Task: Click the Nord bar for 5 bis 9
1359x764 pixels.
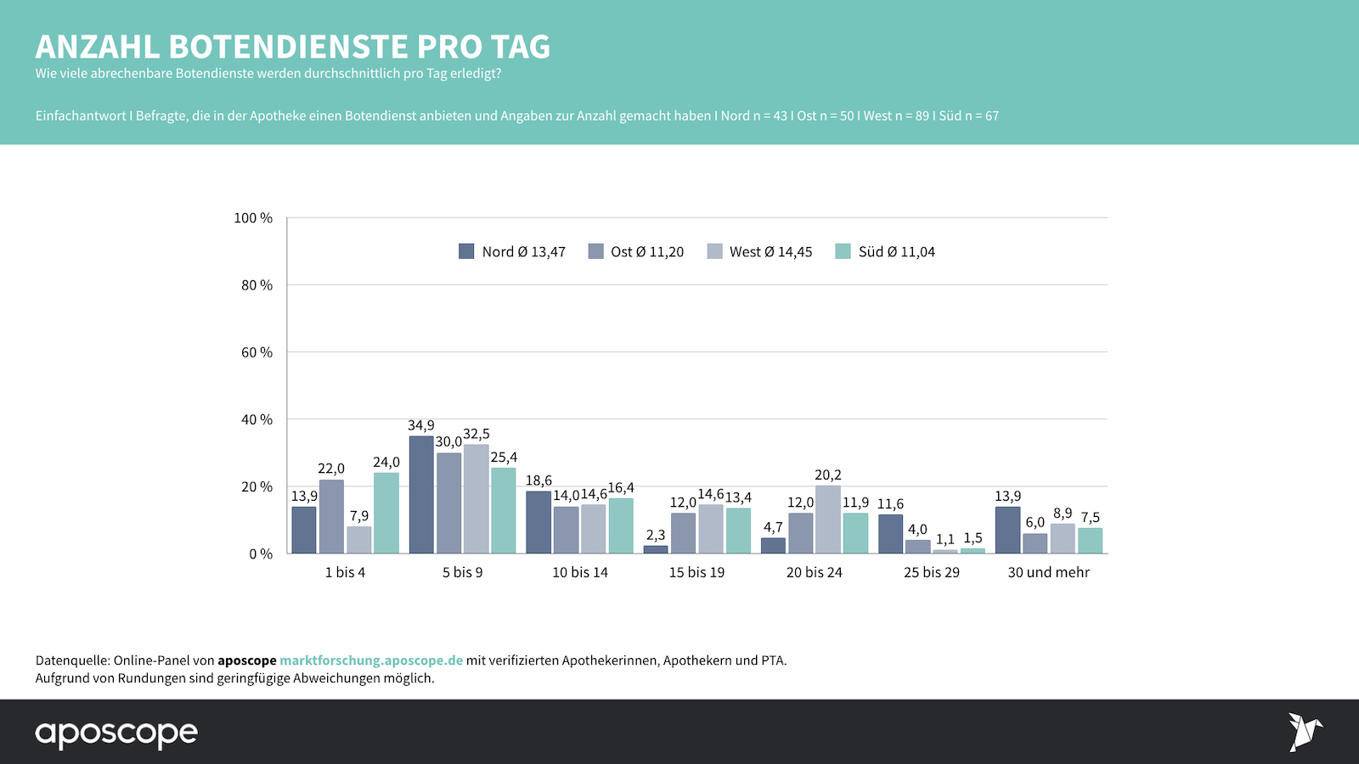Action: coord(421,495)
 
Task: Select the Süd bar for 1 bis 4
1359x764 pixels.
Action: coord(386,514)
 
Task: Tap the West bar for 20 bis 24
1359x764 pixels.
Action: coord(828,520)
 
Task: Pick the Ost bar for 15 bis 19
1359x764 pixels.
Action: coord(683,533)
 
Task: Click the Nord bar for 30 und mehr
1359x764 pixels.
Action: coord(1007,531)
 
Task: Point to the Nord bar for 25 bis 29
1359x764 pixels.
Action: coord(890,534)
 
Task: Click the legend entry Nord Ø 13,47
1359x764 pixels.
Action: coord(512,251)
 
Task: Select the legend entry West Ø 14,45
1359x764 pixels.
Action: coord(759,251)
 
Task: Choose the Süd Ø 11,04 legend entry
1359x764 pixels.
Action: coord(885,251)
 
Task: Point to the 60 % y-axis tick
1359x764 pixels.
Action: coord(257,352)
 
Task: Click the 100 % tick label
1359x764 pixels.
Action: coord(253,218)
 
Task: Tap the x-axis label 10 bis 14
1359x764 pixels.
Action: coord(580,572)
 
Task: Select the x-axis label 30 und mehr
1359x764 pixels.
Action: coord(1048,572)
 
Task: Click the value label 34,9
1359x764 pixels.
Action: coord(421,425)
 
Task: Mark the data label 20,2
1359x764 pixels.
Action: coord(828,475)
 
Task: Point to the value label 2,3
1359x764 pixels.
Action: coord(656,535)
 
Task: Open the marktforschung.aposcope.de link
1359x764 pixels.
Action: coord(371,660)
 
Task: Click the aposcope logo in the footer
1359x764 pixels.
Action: coord(116,733)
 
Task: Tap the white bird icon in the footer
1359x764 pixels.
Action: coord(1305,732)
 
